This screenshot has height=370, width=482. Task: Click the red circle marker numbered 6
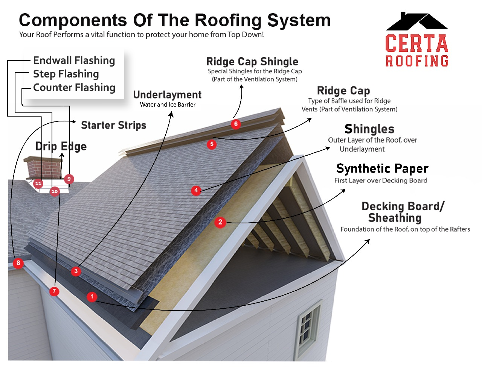236,124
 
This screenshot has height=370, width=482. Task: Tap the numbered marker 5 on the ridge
212,144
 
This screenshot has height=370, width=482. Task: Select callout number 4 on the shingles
196,190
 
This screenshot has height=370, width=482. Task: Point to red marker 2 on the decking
220,222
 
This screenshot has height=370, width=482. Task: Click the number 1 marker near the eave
92,297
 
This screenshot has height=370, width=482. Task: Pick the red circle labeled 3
76,271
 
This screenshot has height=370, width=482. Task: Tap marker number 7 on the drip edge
54,291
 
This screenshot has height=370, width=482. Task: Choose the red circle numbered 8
18,263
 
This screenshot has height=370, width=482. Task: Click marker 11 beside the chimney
38,183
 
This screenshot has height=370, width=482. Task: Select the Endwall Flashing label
74,61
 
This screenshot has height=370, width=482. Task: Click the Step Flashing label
66,74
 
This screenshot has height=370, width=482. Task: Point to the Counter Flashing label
74,88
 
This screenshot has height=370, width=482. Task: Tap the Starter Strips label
113,125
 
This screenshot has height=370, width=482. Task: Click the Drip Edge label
61,146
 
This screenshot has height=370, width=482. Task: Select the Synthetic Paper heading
382,168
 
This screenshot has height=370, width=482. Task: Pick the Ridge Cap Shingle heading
252,62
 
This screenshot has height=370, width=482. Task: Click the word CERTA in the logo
416,44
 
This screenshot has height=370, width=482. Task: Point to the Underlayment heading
167,95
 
